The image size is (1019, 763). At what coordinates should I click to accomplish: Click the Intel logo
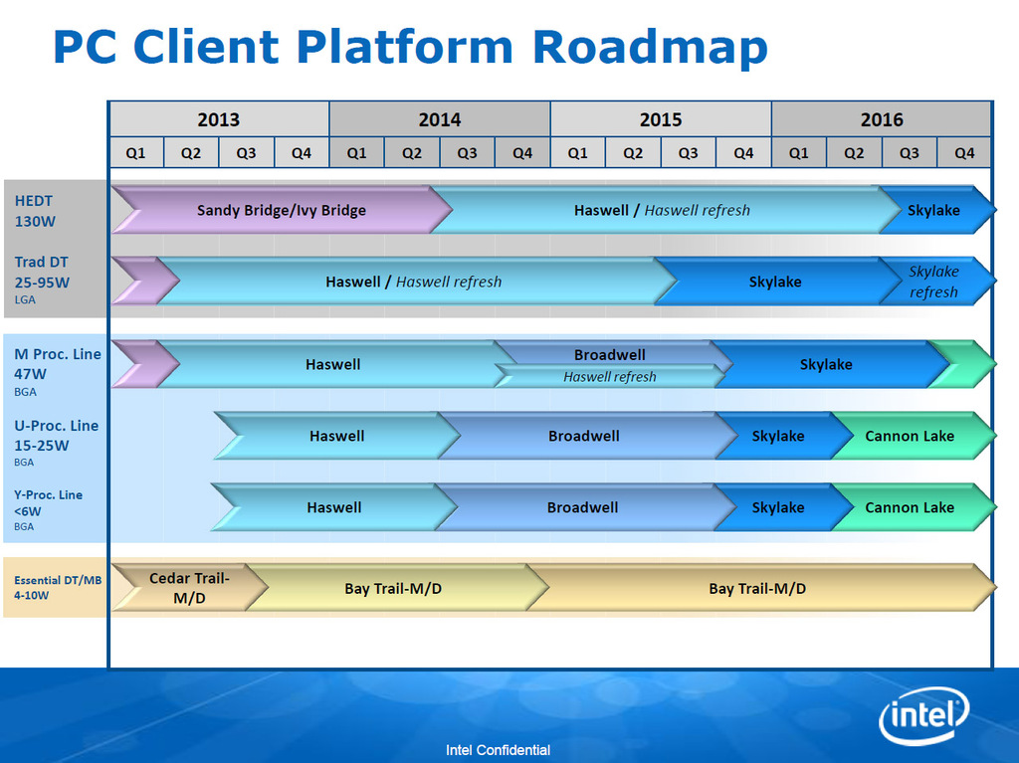[923, 714]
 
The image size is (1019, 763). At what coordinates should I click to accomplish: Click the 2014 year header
[439, 119]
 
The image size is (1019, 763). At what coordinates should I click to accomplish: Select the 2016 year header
[881, 119]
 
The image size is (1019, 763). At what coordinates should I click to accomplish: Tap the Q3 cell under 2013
[246, 153]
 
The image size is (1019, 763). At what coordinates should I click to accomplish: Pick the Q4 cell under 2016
[964, 153]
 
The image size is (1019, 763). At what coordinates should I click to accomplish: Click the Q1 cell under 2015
[577, 153]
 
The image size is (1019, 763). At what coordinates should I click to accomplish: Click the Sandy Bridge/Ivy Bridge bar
[281, 210]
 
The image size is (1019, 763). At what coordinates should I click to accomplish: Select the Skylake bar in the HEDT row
[933, 210]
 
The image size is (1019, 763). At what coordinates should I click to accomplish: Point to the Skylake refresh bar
[933, 282]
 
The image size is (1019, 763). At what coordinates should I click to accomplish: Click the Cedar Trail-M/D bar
[188, 588]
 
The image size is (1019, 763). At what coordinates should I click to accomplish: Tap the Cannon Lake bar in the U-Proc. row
[910, 436]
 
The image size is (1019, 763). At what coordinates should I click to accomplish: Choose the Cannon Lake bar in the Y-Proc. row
[910, 507]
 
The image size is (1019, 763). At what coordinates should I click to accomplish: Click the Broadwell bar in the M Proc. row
[609, 354]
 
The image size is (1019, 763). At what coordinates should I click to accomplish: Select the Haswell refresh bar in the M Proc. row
[609, 377]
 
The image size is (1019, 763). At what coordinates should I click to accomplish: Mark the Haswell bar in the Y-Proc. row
[333, 507]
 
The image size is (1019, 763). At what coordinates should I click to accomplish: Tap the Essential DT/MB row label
[57, 587]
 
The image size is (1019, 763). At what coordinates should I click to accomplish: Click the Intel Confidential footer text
[498, 750]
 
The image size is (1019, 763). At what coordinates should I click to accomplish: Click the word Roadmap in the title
[650, 47]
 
